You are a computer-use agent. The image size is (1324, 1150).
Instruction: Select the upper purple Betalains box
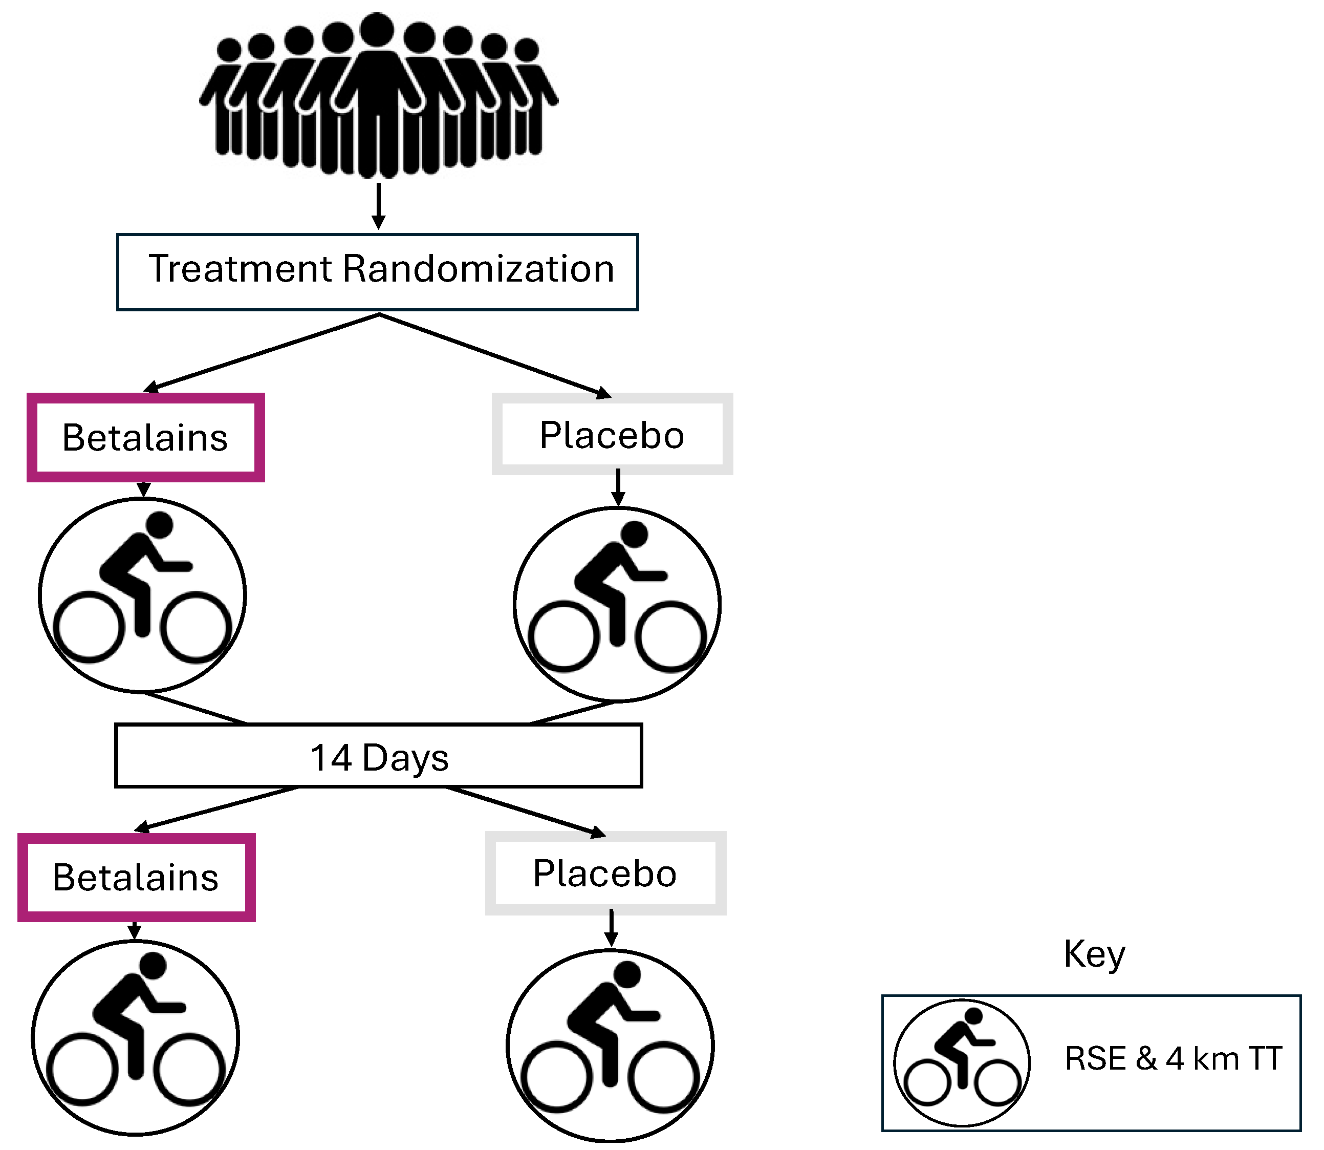coord(146,438)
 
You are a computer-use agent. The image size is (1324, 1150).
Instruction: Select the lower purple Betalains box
coord(136,877)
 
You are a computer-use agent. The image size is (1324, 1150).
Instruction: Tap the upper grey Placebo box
coord(612,435)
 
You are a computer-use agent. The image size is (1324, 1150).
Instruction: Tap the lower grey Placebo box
coord(605,874)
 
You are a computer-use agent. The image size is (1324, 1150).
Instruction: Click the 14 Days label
coord(379,757)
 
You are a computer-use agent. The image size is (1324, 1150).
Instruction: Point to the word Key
coord(1094,953)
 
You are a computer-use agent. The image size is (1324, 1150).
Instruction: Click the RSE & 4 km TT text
coord(1173,1058)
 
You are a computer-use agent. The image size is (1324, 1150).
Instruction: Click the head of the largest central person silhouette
coord(377,30)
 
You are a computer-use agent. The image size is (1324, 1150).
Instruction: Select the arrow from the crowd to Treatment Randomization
coord(379,205)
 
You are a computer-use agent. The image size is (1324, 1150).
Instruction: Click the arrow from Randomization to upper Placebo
coord(494,354)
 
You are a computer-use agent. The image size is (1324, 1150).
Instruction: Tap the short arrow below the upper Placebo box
coord(618,488)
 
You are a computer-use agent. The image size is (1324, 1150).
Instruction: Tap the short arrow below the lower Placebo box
coord(611,927)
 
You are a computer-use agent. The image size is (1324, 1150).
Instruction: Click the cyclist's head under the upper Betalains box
coord(160,524)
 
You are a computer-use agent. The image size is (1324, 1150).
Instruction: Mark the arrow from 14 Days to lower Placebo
coord(526,811)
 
